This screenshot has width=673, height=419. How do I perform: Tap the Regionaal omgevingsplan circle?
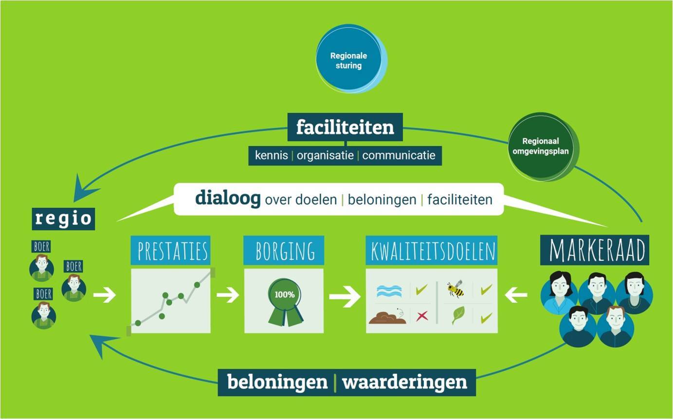click(542, 147)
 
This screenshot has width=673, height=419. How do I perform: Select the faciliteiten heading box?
click(345, 127)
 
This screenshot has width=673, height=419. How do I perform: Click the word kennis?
click(272, 155)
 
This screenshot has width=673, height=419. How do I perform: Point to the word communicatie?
click(399, 155)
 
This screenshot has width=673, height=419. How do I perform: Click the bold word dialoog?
click(228, 198)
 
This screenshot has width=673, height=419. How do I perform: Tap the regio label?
click(63, 219)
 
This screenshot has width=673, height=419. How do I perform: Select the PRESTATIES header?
click(171, 250)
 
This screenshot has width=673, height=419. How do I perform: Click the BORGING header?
click(284, 250)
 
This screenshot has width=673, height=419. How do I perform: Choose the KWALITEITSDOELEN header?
click(432, 250)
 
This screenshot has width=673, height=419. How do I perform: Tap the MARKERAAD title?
click(595, 250)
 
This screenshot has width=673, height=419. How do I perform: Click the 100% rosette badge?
click(285, 302)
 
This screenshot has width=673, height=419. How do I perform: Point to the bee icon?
click(455, 288)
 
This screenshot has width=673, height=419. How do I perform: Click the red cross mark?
click(422, 316)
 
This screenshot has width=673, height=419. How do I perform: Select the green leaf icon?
click(458, 315)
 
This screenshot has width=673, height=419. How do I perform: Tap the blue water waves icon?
click(389, 291)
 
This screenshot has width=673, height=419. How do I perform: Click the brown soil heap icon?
click(387, 316)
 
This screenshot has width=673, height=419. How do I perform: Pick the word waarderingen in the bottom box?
click(404, 382)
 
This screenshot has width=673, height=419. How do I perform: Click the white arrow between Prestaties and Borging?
click(228, 295)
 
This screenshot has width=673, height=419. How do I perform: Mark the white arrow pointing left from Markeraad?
click(516, 295)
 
